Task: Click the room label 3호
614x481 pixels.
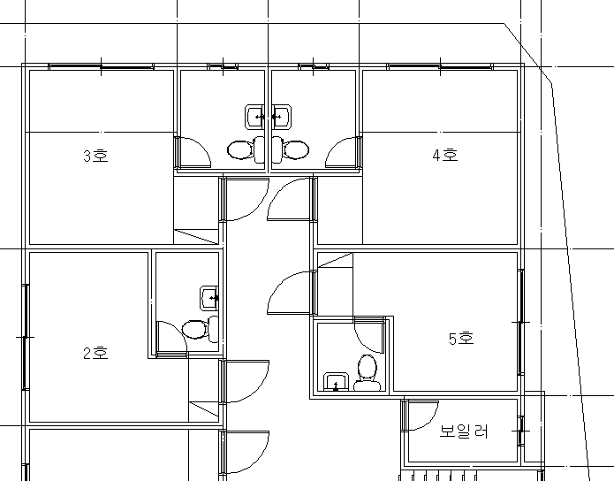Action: coord(95,156)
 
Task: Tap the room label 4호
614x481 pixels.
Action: coord(445,155)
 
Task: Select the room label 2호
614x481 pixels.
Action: coord(95,353)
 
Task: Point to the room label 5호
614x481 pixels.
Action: coord(461,339)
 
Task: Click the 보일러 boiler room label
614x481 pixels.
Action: coord(464,431)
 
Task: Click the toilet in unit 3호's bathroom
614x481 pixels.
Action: coord(246,149)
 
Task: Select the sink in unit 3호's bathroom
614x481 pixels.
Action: coord(255,117)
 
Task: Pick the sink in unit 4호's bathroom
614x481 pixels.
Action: coord(281,117)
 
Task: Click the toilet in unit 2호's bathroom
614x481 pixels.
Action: coord(200,329)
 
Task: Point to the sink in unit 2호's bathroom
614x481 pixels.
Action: coord(209,298)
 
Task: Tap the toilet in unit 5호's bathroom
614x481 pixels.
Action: coord(368,373)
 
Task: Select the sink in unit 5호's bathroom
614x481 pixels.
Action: coord(336,382)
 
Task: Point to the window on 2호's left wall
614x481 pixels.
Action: coord(26,337)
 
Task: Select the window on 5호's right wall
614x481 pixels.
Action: coord(521,322)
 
